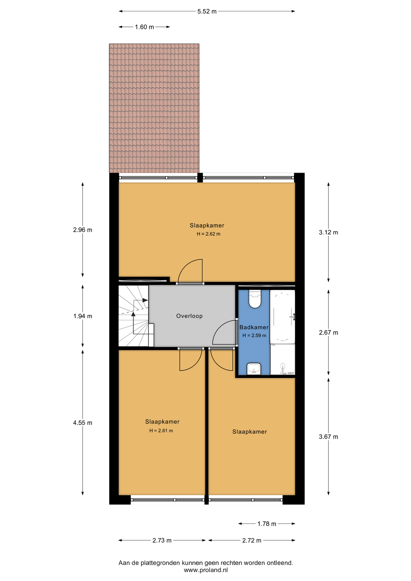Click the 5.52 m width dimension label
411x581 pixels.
click(207, 11)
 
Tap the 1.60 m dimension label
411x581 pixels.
click(144, 27)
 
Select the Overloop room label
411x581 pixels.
click(189, 316)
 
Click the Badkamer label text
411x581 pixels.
click(254, 327)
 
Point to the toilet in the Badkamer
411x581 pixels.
click(255, 299)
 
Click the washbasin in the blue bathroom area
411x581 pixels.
click(254, 369)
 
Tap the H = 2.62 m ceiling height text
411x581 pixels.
click(208, 234)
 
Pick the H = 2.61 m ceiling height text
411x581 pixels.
click(161, 431)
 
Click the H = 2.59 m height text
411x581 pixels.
click(254, 336)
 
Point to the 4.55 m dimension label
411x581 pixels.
click(83, 423)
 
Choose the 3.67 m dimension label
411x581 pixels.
click(328, 437)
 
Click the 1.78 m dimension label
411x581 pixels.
click(267, 524)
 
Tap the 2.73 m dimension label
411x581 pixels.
click(162, 541)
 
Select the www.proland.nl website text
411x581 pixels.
click(205, 570)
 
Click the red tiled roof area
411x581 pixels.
click(154, 108)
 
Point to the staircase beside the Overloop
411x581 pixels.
click(134, 316)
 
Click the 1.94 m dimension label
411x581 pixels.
click(83, 316)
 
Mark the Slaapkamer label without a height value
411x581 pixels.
click(250, 432)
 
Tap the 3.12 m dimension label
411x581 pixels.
click(328, 232)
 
